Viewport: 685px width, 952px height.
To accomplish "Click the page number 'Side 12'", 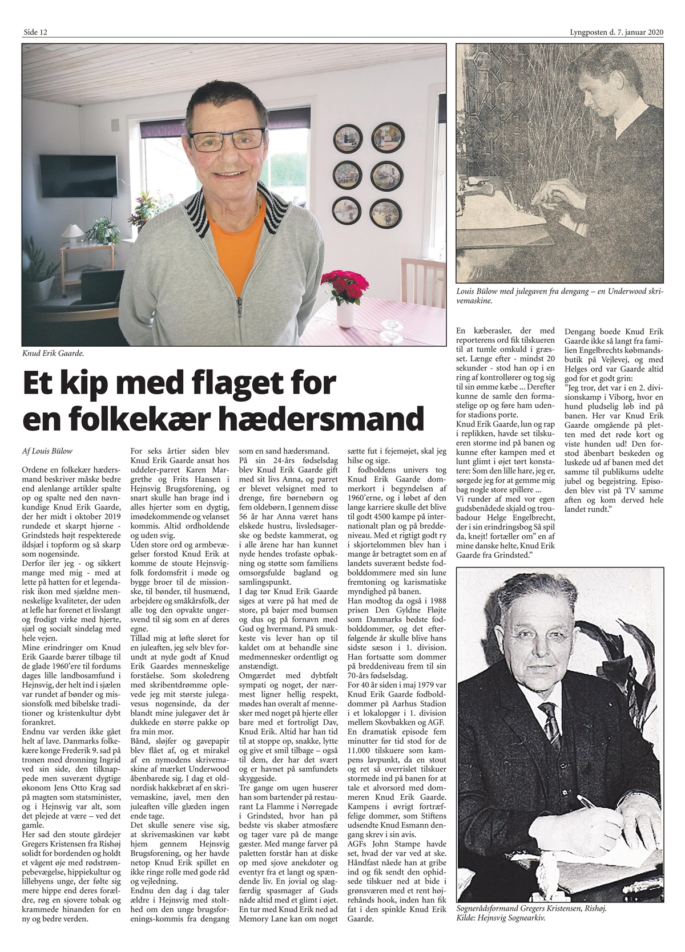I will pos(35,33).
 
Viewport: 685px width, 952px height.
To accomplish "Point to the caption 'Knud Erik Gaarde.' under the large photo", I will pos(53,354).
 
